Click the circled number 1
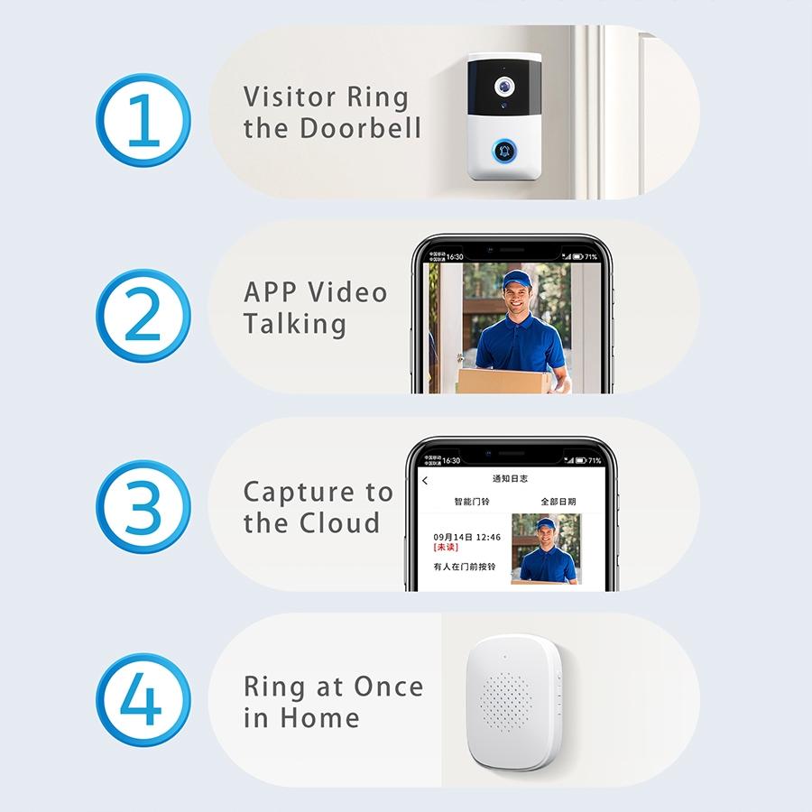[143, 121]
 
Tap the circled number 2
[143, 315]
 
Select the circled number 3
[143, 507]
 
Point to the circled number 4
[143, 701]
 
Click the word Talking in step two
[295, 324]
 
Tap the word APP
[270, 292]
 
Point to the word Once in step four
[388, 687]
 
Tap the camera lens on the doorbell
[503, 87]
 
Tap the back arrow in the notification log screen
[425, 481]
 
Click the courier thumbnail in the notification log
[546, 549]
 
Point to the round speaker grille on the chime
[506, 700]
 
